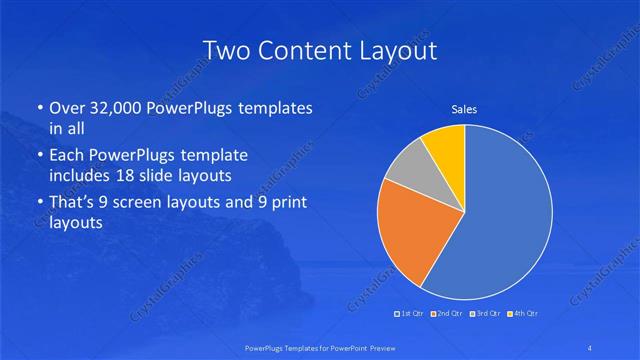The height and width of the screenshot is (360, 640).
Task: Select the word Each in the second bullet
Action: [x=69, y=155]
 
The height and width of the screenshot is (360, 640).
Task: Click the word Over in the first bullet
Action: [x=69, y=108]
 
